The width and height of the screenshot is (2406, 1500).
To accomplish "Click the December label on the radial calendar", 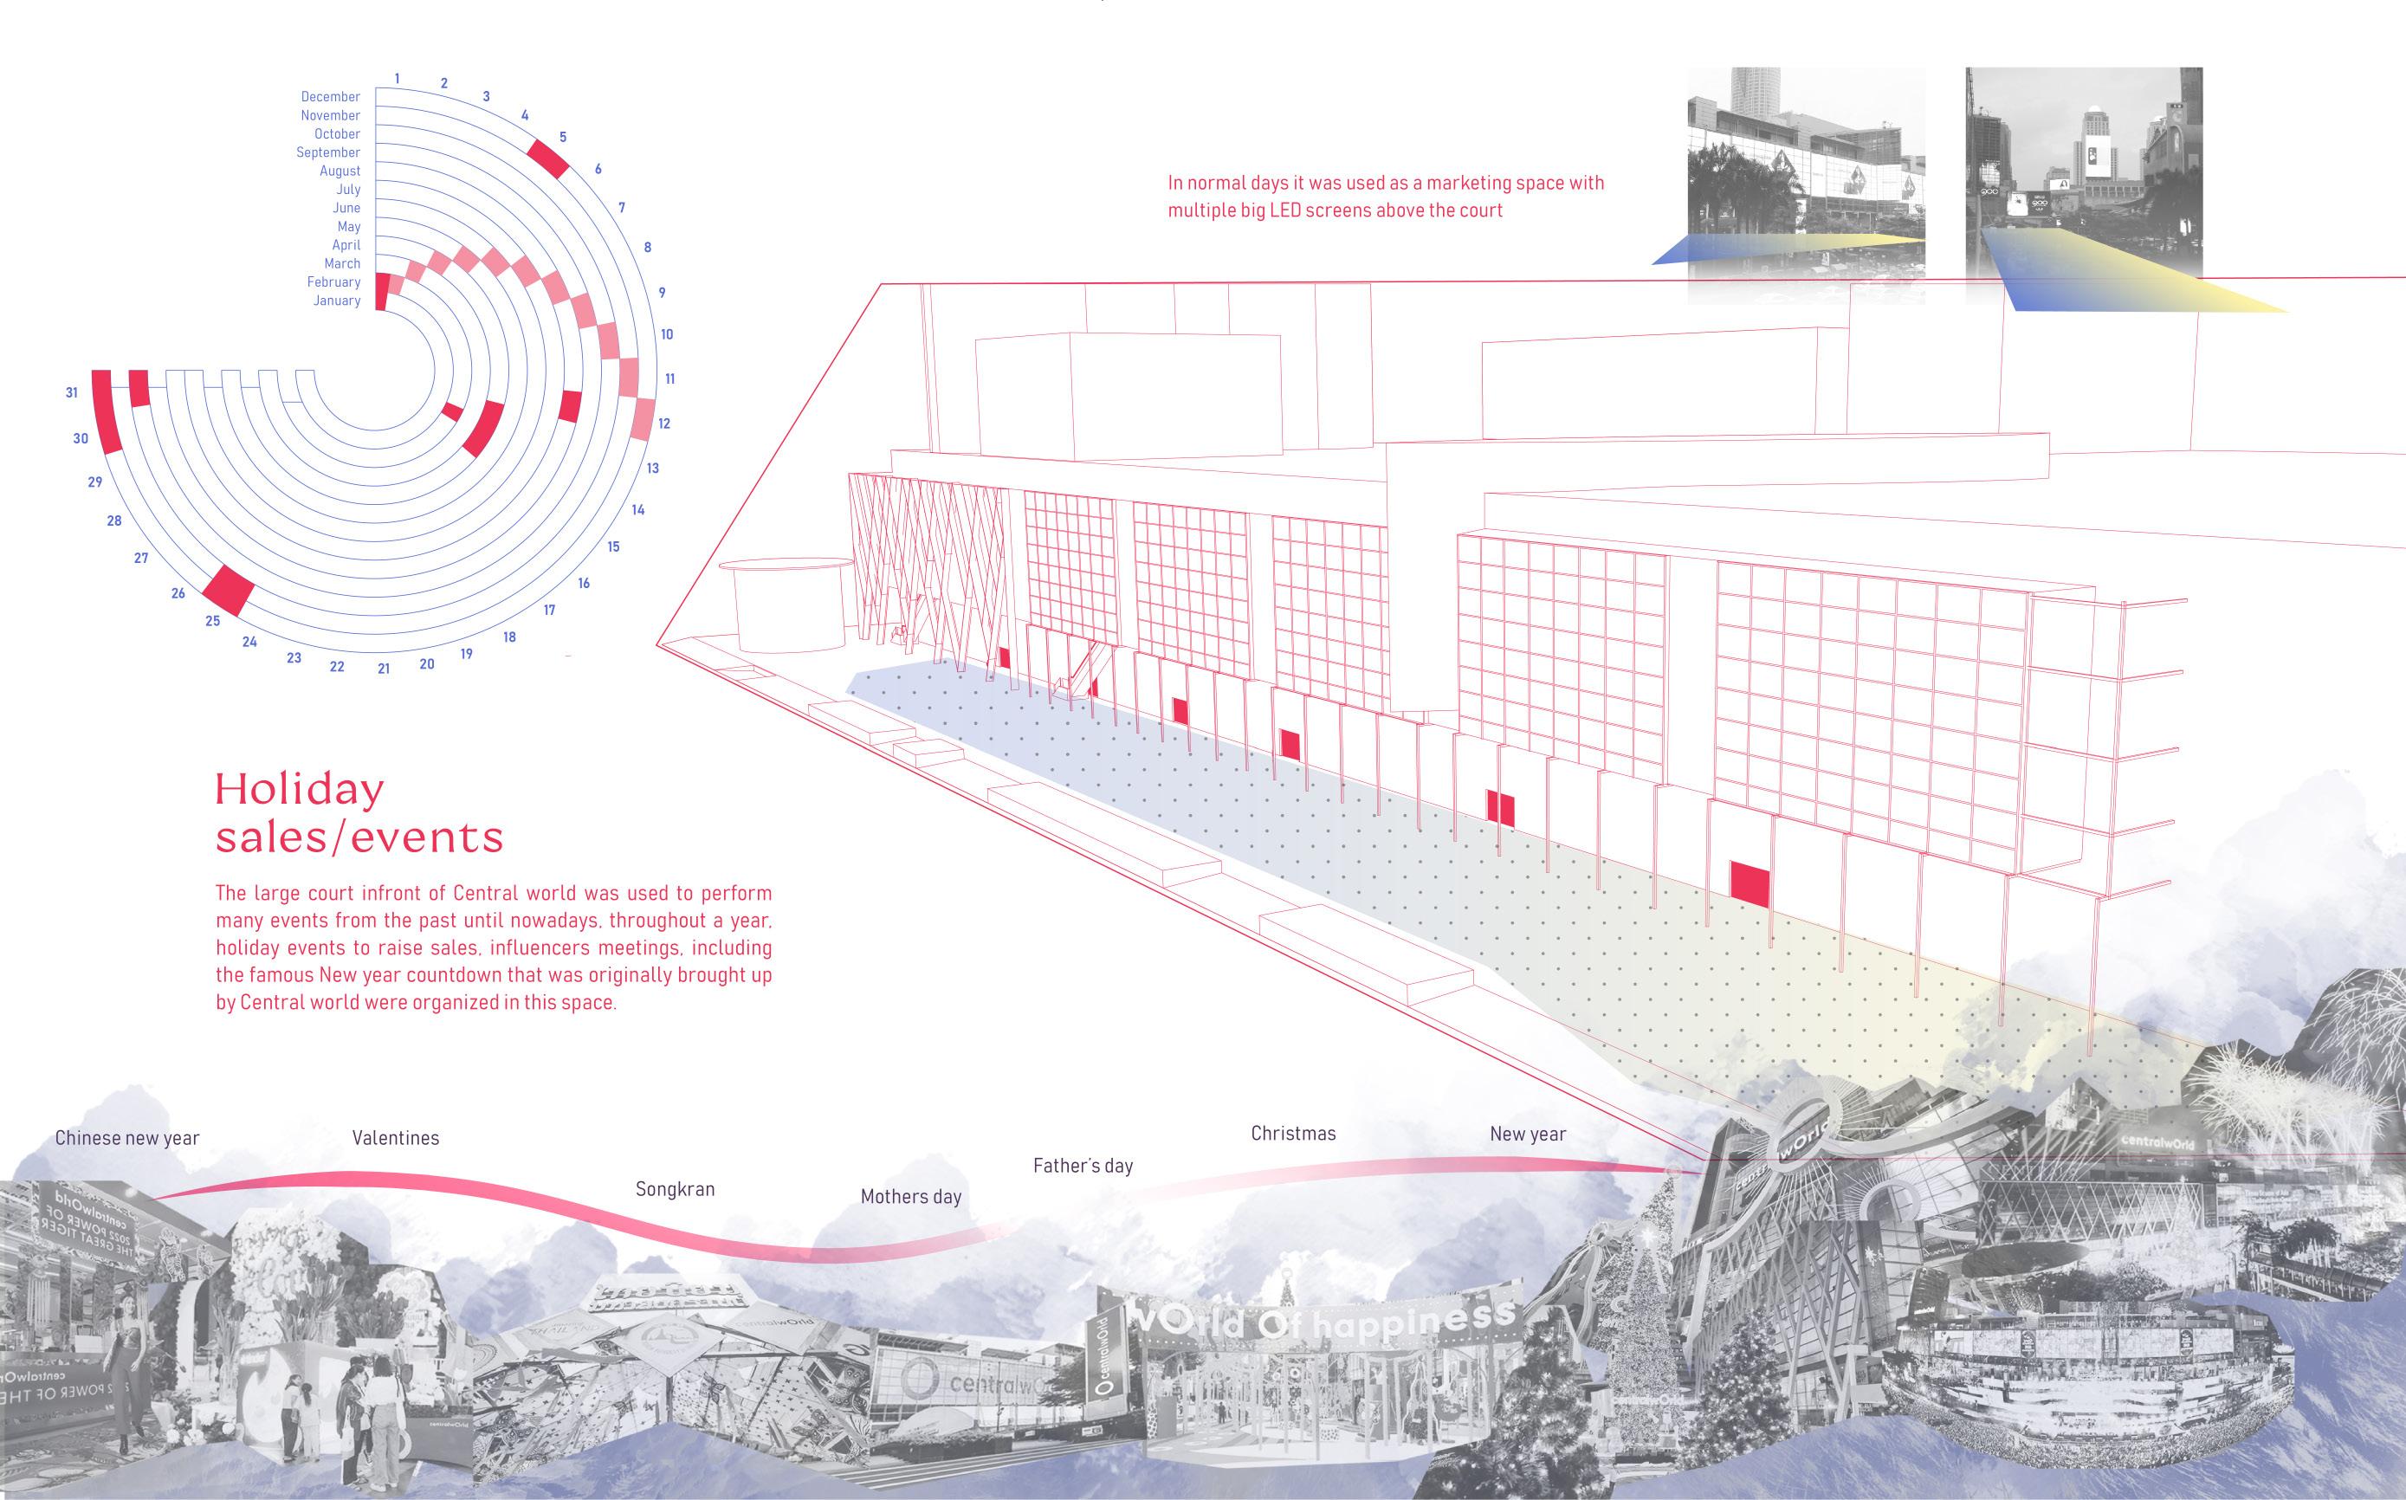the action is [x=330, y=96].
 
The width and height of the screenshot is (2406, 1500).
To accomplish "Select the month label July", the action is [x=348, y=190].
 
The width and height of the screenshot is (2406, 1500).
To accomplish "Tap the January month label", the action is [x=336, y=301].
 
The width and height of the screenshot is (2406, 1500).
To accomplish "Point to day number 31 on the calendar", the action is [x=71, y=393].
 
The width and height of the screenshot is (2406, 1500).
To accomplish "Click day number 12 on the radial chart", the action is [x=663, y=423].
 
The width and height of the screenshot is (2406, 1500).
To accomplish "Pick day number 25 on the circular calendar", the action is [x=212, y=621].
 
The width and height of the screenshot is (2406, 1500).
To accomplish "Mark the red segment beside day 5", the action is [x=547, y=158].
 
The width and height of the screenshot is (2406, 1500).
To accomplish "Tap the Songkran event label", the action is [x=675, y=1189].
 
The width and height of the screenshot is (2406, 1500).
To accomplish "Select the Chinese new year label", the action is [x=127, y=1138].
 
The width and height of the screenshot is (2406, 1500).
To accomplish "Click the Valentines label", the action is [x=395, y=1138].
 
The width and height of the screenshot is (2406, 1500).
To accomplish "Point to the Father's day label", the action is [x=1083, y=1166].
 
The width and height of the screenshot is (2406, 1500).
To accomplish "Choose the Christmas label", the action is [x=1293, y=1133].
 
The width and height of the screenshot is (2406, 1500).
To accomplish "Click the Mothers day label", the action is [x=911, y=1196].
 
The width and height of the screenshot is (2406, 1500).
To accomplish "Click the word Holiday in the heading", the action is [x=300, y=791].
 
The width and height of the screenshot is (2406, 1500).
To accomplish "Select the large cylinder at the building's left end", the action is [x=790, y=605].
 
